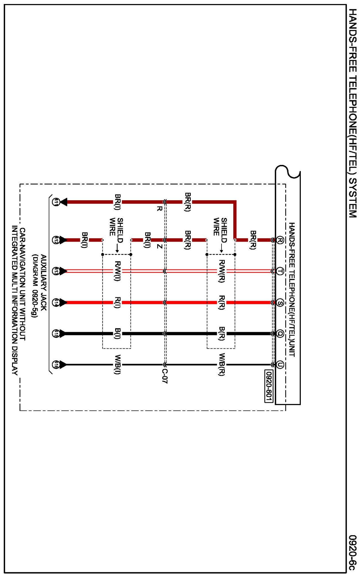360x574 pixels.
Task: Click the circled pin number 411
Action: [56, 202]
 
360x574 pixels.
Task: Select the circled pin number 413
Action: [56, 271]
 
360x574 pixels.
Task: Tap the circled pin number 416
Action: [56, 365]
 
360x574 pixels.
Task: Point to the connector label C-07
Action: [164, 376]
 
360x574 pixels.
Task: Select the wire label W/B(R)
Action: [222, 365]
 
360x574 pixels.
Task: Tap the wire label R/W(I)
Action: [118, 271]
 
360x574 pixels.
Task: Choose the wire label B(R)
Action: [222, 334]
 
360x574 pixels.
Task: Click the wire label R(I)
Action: [118, 303]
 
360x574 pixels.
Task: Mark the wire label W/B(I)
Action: [118, 365]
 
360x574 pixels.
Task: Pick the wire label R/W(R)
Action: [222, 271]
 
